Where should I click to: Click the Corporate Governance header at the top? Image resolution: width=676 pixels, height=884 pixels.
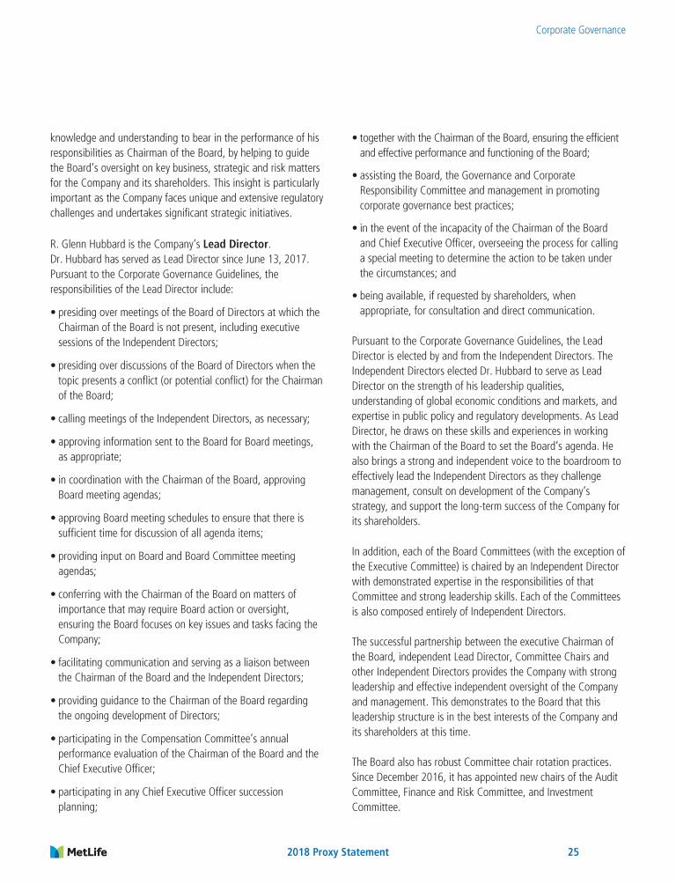581,30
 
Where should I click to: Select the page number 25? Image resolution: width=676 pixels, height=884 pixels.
573,851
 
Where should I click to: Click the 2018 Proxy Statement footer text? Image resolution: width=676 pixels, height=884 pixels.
338,851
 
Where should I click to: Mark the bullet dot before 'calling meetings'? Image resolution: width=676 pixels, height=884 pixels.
54,416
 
